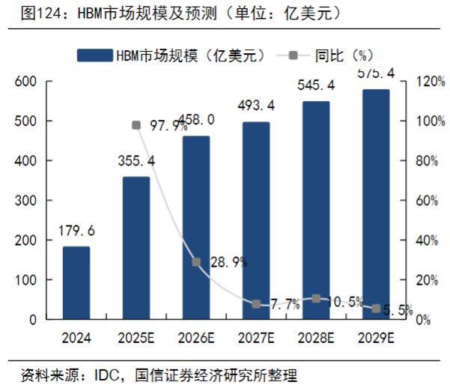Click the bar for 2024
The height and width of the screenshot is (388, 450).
pos(76,282)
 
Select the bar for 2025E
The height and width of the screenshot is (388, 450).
pos(136,248)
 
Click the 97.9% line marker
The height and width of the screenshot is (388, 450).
pos(136,125)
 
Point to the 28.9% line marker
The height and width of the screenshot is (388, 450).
pos(196,262)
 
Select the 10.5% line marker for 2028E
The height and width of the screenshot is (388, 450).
pos(316,299)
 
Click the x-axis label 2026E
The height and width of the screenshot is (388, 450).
pos(196,338)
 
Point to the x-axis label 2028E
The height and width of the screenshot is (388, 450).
pos(316,338)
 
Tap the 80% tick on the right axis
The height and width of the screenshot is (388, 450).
pos(423,160)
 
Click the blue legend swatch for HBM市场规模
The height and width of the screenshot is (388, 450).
pos(94,55)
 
